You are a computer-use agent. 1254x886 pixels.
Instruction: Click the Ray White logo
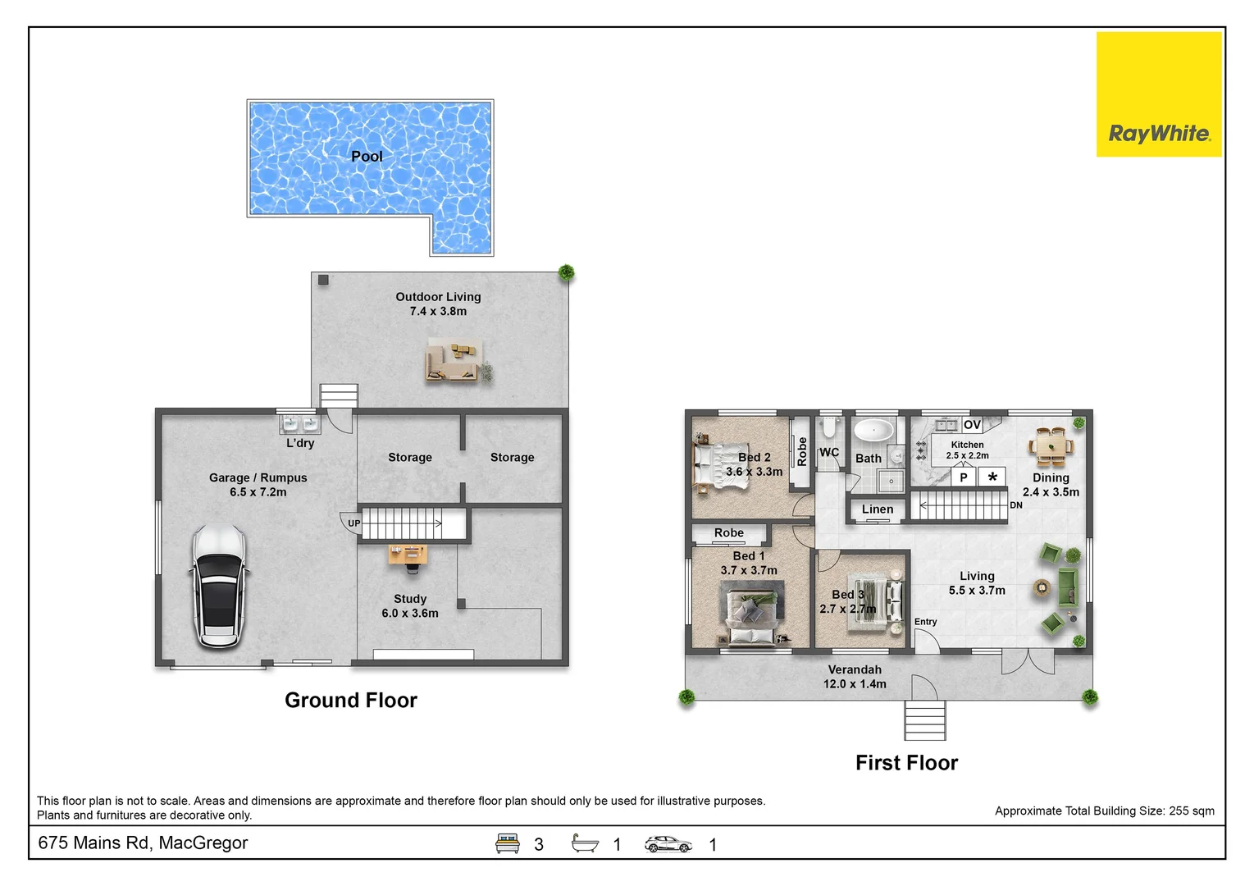[1159, 94]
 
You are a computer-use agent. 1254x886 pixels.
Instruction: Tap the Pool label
[367, 156]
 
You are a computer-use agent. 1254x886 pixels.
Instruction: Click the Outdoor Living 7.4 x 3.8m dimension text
[438, 312]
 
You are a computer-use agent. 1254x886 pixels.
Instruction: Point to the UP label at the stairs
[353, 523]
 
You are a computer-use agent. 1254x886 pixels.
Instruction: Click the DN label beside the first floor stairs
[1016, 505]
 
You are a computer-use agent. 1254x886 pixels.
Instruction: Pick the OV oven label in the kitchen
[972, 424]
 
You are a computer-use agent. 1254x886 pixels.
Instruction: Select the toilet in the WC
[829, 428]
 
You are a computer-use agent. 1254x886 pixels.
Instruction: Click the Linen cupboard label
[878, 509]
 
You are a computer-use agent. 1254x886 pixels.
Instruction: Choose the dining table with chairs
[1051, 447]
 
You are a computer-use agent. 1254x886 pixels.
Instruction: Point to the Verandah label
[855, 669]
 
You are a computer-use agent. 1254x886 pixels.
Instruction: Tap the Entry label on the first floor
[925, 622]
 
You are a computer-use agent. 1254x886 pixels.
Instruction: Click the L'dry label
[300, 443]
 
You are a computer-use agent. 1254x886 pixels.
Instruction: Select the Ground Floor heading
[351, 700]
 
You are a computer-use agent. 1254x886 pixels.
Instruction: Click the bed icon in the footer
[507, 843]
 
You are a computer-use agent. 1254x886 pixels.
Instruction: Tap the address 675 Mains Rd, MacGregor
[143, 843]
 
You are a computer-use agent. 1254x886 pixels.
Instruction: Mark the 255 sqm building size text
[1192, 811]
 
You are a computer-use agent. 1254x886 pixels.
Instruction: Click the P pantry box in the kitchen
[964, 477]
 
